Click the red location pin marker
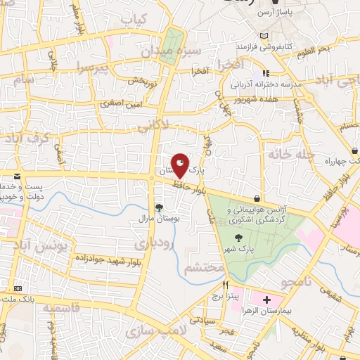tap(181, 165)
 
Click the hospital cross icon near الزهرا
tap(266, 300)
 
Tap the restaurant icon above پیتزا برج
tap(226, 285)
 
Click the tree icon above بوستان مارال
tap(160, 207)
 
